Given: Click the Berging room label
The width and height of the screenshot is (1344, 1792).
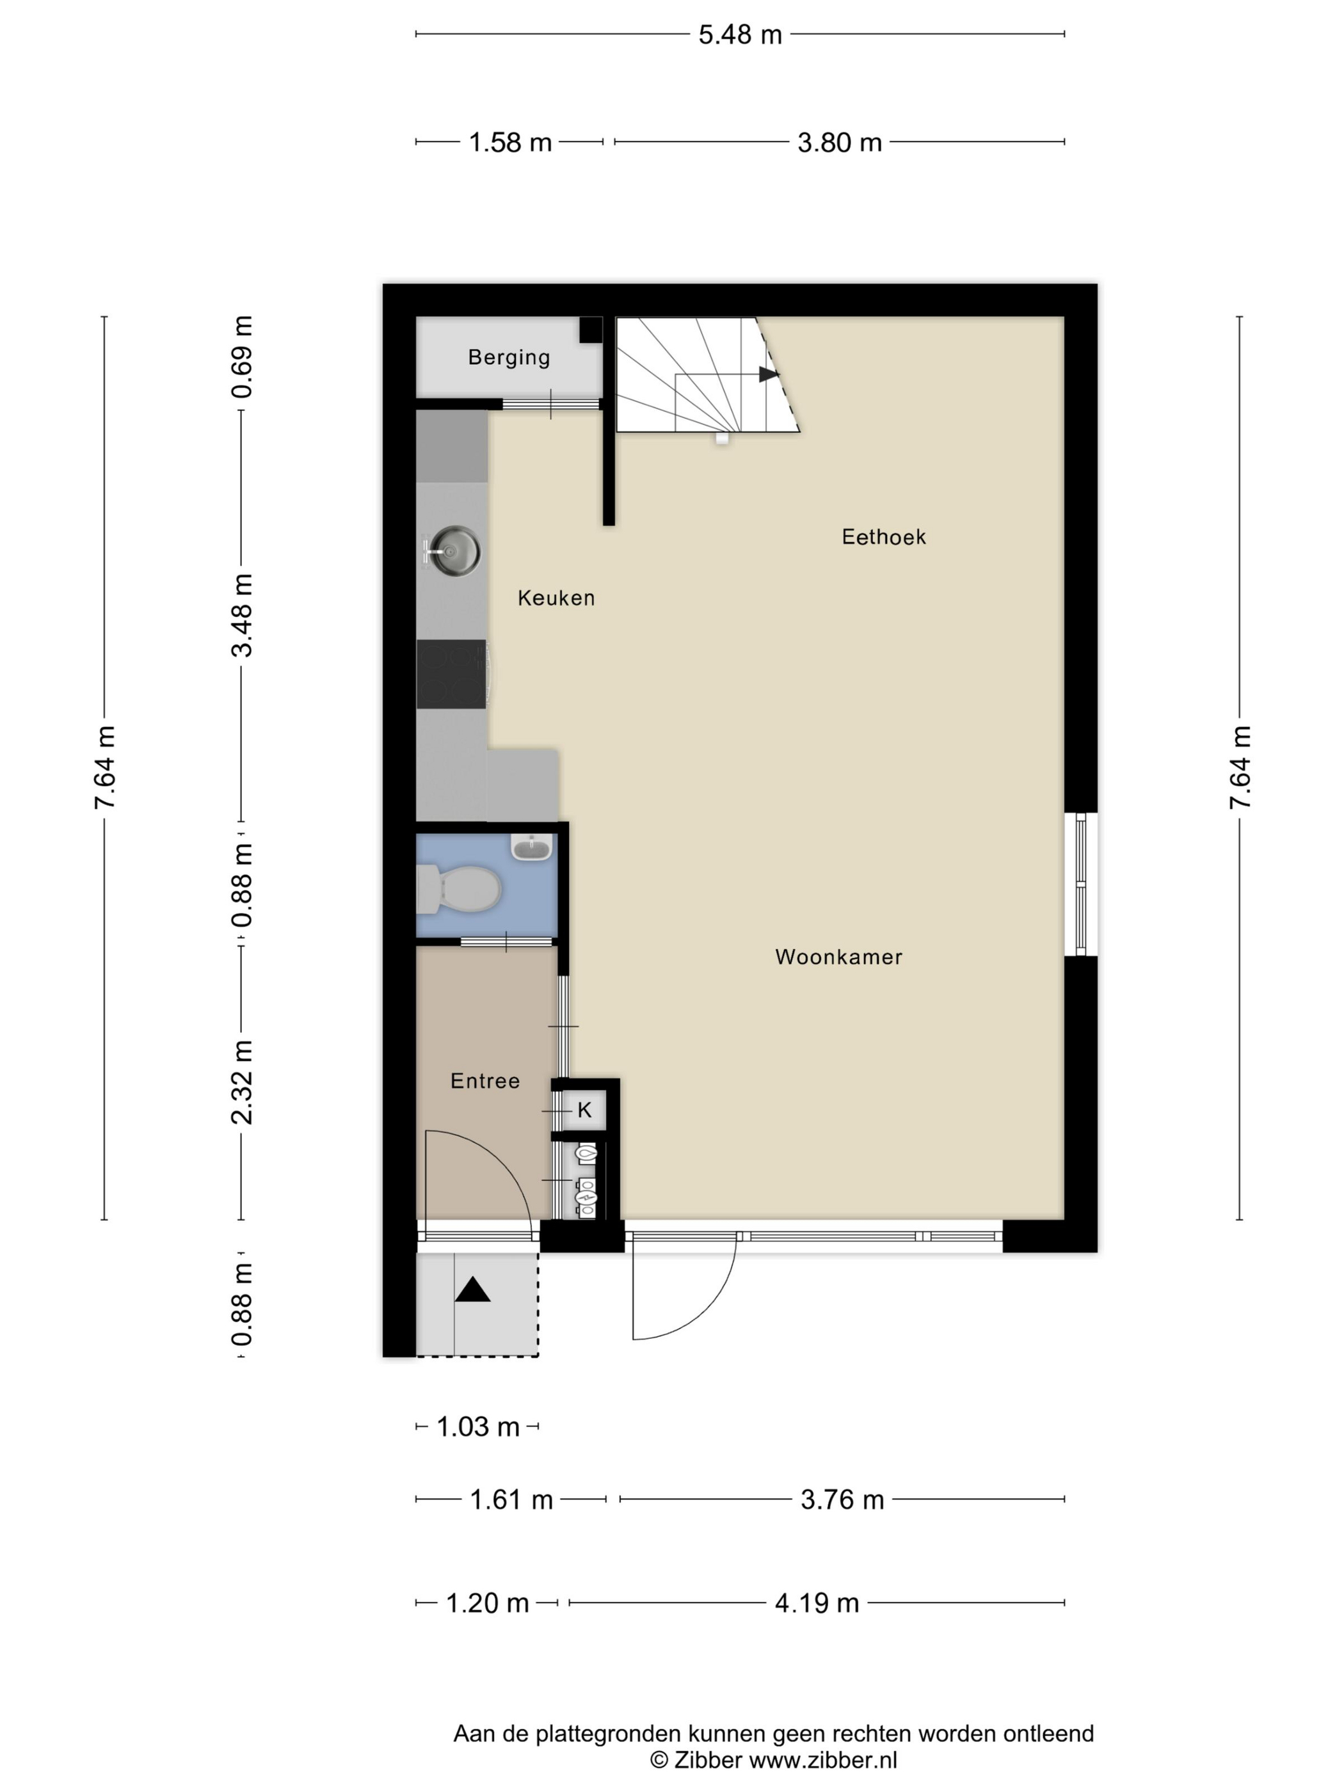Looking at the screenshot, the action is click(x=509, y=357).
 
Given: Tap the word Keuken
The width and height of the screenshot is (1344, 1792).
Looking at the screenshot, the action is click(x=557, y=598).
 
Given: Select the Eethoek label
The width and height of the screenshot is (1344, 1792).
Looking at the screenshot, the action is click(x=884, y=537).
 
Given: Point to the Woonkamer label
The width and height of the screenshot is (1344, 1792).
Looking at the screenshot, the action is click(x=838, y=957).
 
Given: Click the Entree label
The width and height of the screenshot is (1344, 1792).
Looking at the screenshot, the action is click(x=485, y=1081).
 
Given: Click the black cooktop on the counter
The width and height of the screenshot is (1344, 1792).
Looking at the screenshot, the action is click(x=452, y=674).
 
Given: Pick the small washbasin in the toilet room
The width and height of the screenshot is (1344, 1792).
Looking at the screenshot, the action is click(x=531, y=847).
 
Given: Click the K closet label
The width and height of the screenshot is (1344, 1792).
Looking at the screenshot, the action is click(x=585, y=1110).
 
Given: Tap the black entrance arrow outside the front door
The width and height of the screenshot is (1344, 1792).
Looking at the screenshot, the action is click(x=472, y=1289).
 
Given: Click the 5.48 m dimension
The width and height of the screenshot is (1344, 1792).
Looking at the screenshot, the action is click(x=740, y=35).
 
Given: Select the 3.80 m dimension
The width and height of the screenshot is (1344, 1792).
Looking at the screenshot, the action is click(x=839, y=143).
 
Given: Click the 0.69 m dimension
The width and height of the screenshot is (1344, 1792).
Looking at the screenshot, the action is click(x=241, y=357).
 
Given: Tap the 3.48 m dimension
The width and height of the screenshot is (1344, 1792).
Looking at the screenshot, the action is click(x=241, y=615).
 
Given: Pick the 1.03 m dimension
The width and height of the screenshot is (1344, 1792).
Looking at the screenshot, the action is click(x=478, y=1427).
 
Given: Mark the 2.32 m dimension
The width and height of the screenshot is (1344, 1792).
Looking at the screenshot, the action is click(x=241, y=1082).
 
